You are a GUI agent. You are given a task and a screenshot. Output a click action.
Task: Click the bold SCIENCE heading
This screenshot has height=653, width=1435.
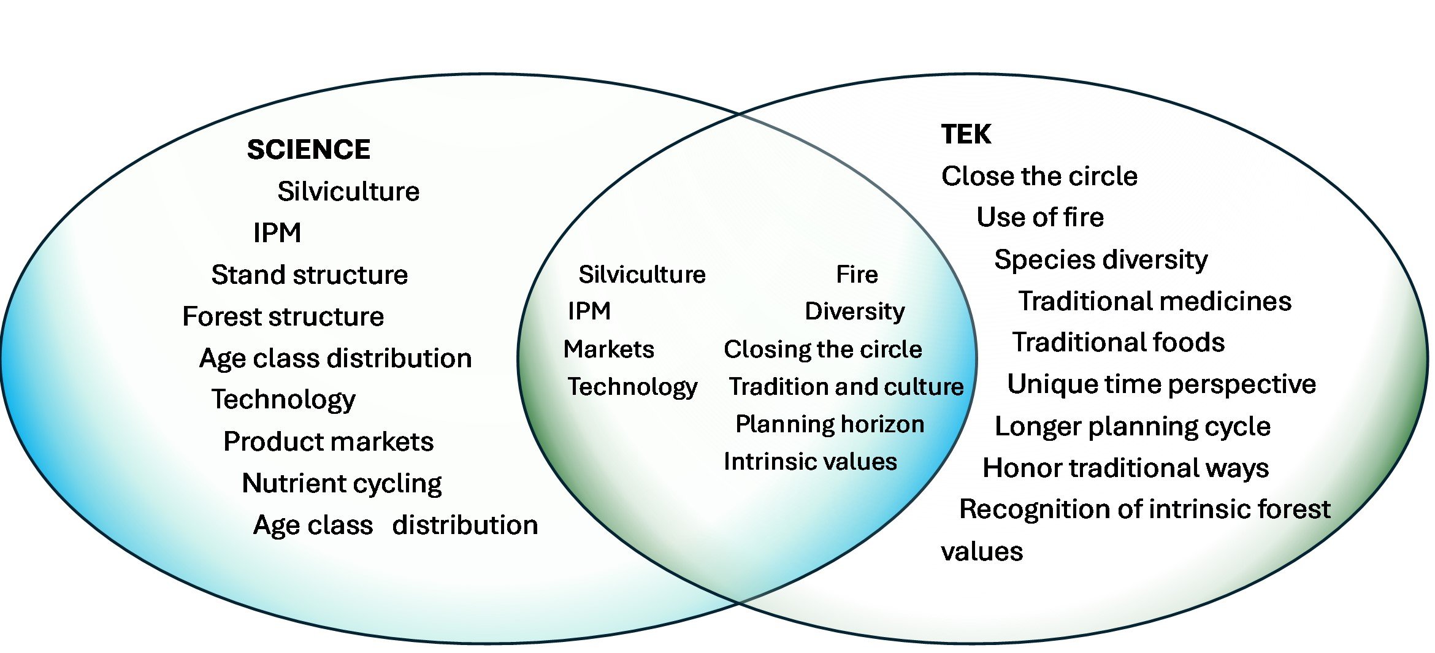pyautogui.click(x=308, y=150)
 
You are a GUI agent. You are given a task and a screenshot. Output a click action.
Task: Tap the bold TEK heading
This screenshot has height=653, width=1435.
pyautogui.click(x=966, y=134)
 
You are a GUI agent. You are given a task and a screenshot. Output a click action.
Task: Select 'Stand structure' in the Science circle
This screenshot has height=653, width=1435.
pyautogui.click(x=309, y=275)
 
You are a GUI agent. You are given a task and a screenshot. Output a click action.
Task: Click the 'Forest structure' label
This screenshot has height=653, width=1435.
pyautogui.click(x=283, y=316)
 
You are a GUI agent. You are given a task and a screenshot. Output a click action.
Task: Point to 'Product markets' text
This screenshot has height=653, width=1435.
pyautogui.click(x=328, y=441)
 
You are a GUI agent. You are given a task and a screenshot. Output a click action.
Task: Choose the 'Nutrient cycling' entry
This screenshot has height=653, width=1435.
pyautogui.click(x=342, y=483)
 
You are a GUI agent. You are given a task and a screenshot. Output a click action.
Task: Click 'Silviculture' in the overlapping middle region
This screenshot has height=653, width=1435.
pyautogui.click(x=641, y=274)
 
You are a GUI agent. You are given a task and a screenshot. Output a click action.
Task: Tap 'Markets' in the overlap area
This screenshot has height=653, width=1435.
pyautogui.click(x=608, y=349)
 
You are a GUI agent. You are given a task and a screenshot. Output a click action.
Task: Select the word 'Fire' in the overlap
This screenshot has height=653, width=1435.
pyautogui.click(x=856, y=274)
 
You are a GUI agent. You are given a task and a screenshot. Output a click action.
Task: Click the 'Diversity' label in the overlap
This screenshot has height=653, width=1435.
pyautogui.click(x=854, y=311)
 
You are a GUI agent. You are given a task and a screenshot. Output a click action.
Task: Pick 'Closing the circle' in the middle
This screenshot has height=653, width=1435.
pyautogui.click(x=822, y=349)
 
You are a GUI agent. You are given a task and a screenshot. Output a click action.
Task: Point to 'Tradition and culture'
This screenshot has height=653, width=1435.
pyautogui.click(x=846, y=386)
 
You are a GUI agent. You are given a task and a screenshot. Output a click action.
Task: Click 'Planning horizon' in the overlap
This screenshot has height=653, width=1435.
pyautogui.click(x=829, y=424)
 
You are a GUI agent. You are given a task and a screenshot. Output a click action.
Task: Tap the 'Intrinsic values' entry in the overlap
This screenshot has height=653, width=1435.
pyautogui.click(x=809, y=461)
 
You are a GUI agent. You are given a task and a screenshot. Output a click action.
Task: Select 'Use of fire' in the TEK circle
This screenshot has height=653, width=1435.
pyautogui.click(x=1039, y=217)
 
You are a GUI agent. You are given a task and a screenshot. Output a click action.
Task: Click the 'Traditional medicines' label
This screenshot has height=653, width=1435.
pyautogui.click(x=1154, y=301)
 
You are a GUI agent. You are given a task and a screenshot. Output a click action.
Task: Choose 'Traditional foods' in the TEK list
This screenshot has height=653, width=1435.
pyautogui.click(x=1117, y=342)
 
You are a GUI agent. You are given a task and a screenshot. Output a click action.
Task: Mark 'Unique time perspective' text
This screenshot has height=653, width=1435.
pyautogui.click(x=1161, y=384)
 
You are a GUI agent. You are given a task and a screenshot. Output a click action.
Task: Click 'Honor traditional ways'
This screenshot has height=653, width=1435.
pyautogui.click(x=1125, y=468)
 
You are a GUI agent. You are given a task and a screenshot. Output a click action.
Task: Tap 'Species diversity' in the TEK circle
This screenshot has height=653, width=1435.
pyautogui.click(x=1100, y=259)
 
